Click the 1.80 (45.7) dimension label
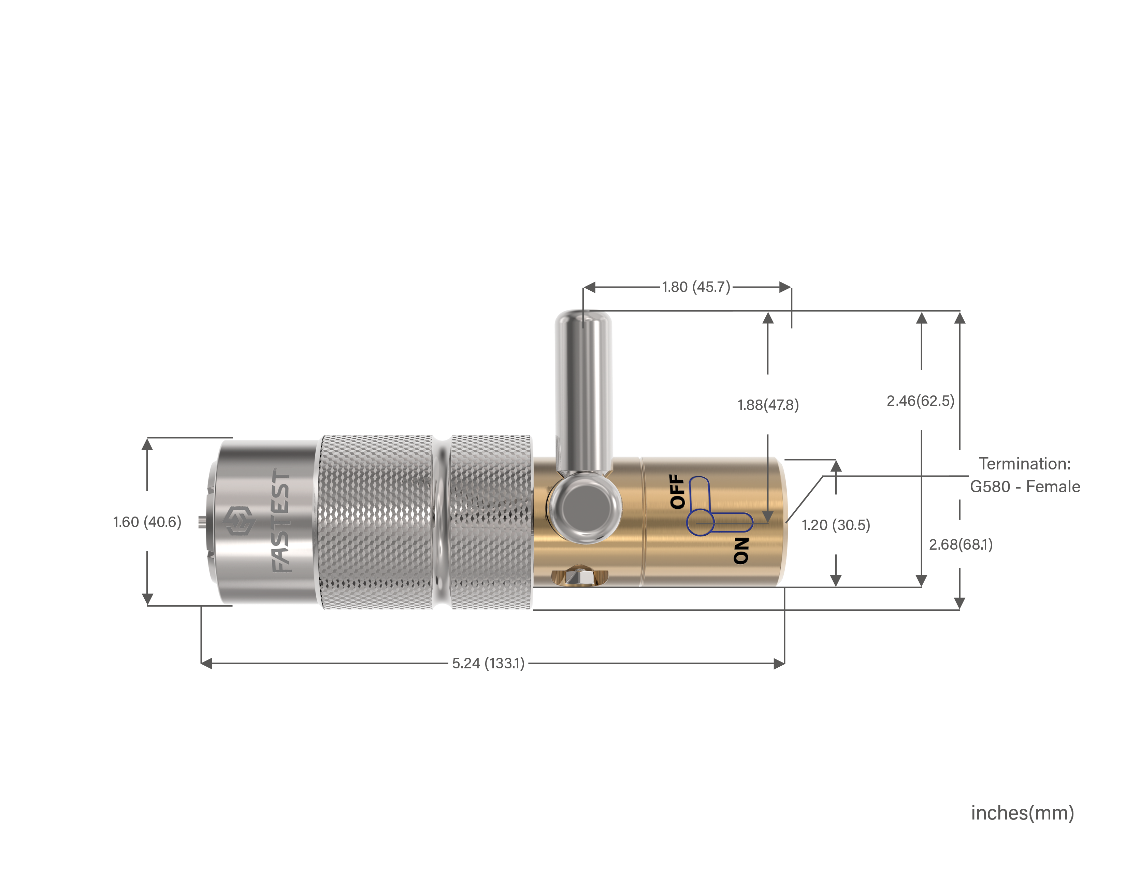click(696, 287)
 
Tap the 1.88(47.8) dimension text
click(768, 405)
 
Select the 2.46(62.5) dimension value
click(920, 401)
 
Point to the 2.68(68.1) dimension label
click(961, 545)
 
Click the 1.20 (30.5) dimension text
click(836, 525)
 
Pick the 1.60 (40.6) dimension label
click(147, 522)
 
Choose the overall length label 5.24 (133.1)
click(488, 663)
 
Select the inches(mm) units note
click(1022, 813)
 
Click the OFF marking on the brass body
click(677, 491)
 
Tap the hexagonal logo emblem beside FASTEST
click(239, 521)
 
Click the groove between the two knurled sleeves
click(441, 522)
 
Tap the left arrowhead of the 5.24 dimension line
click(206, 663)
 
